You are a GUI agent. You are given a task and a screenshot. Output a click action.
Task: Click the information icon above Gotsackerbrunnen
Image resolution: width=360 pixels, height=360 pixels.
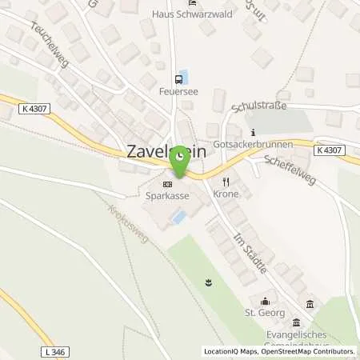coord(252,132)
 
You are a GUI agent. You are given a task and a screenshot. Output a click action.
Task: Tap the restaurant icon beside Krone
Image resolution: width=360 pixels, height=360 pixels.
coord(226,181)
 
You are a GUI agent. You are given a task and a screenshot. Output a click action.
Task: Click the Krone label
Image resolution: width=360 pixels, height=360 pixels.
coord(227,194)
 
